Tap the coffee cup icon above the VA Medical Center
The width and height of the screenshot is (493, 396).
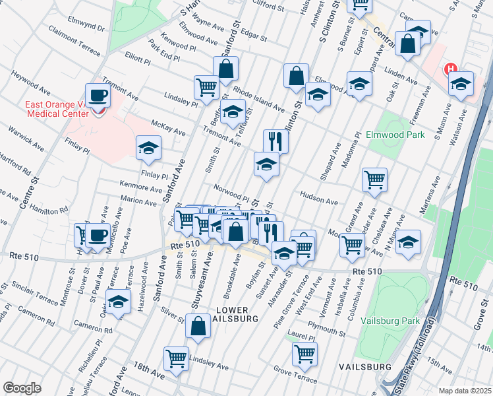tap(98, 95)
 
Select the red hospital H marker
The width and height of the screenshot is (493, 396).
tap(451, 69)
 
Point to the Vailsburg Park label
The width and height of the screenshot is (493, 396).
tap(390, 321)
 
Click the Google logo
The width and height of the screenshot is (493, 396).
tap(22, 388)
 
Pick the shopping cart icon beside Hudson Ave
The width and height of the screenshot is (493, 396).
tap(374, 178)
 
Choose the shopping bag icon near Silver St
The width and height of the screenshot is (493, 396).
tap(198, 326)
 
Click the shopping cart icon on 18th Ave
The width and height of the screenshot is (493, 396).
tap(176, 359)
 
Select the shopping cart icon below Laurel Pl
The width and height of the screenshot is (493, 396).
tap(304, 353)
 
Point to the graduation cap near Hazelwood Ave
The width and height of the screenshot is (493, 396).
tap(119, 302)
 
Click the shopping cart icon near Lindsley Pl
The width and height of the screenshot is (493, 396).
tap(206, 86)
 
